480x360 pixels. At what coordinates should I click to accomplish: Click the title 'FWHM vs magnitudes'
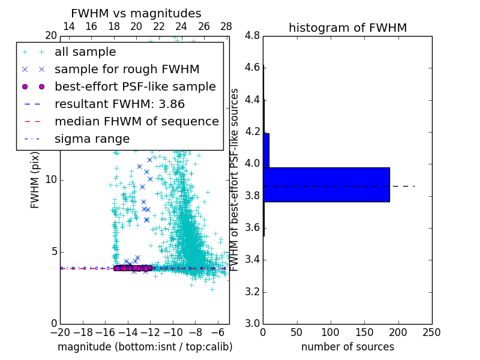[x=136, y=13]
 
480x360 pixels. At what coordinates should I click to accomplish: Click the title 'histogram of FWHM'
[x=347, y=28]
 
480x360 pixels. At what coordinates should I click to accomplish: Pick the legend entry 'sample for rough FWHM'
[x=127, y=69]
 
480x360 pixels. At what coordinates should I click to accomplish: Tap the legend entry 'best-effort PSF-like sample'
[x=135, y=86]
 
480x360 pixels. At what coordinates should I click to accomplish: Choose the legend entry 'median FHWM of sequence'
[x=136, y=121]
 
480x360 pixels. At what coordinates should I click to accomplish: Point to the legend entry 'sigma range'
[x=92, y=139]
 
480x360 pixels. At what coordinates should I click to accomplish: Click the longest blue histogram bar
[x=326, y=184]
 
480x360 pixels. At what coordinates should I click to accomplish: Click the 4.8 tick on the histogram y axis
[x=253, y=35]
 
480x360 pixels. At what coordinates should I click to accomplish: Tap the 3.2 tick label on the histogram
[x=253, y=292]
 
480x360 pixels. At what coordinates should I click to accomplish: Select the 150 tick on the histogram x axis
[x=364, y=332]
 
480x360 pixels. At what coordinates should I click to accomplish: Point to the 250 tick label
[x=431, y=332]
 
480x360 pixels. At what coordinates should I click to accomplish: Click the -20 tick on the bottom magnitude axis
[x=60, y=332]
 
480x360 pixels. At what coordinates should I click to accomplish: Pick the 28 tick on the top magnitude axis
[x=226, y=26]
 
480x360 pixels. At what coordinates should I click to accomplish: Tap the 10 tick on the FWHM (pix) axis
[x=51, y=179]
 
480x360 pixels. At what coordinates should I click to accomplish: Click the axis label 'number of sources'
[x=347, y=347]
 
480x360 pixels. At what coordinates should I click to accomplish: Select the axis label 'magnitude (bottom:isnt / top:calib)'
[x=145, y=347]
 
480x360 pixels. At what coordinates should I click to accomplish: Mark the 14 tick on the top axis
[x=69, y=26]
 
